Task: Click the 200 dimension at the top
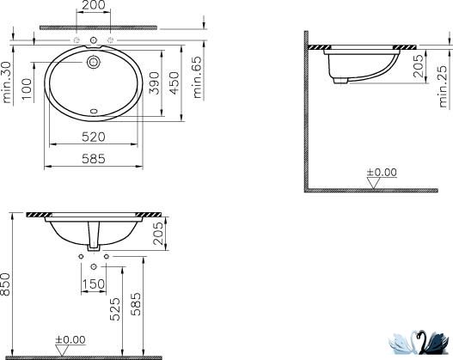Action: tap(94, 5)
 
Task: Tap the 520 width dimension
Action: tap(94, 137)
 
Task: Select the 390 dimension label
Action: tap(154, 83)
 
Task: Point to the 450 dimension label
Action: tap(174, 83)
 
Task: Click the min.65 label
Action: tap(197, 77)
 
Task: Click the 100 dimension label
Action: tap(27, 88)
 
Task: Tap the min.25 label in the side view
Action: tap(443, 87)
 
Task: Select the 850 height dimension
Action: tap(5, 284)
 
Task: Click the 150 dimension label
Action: tap(94, 284)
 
